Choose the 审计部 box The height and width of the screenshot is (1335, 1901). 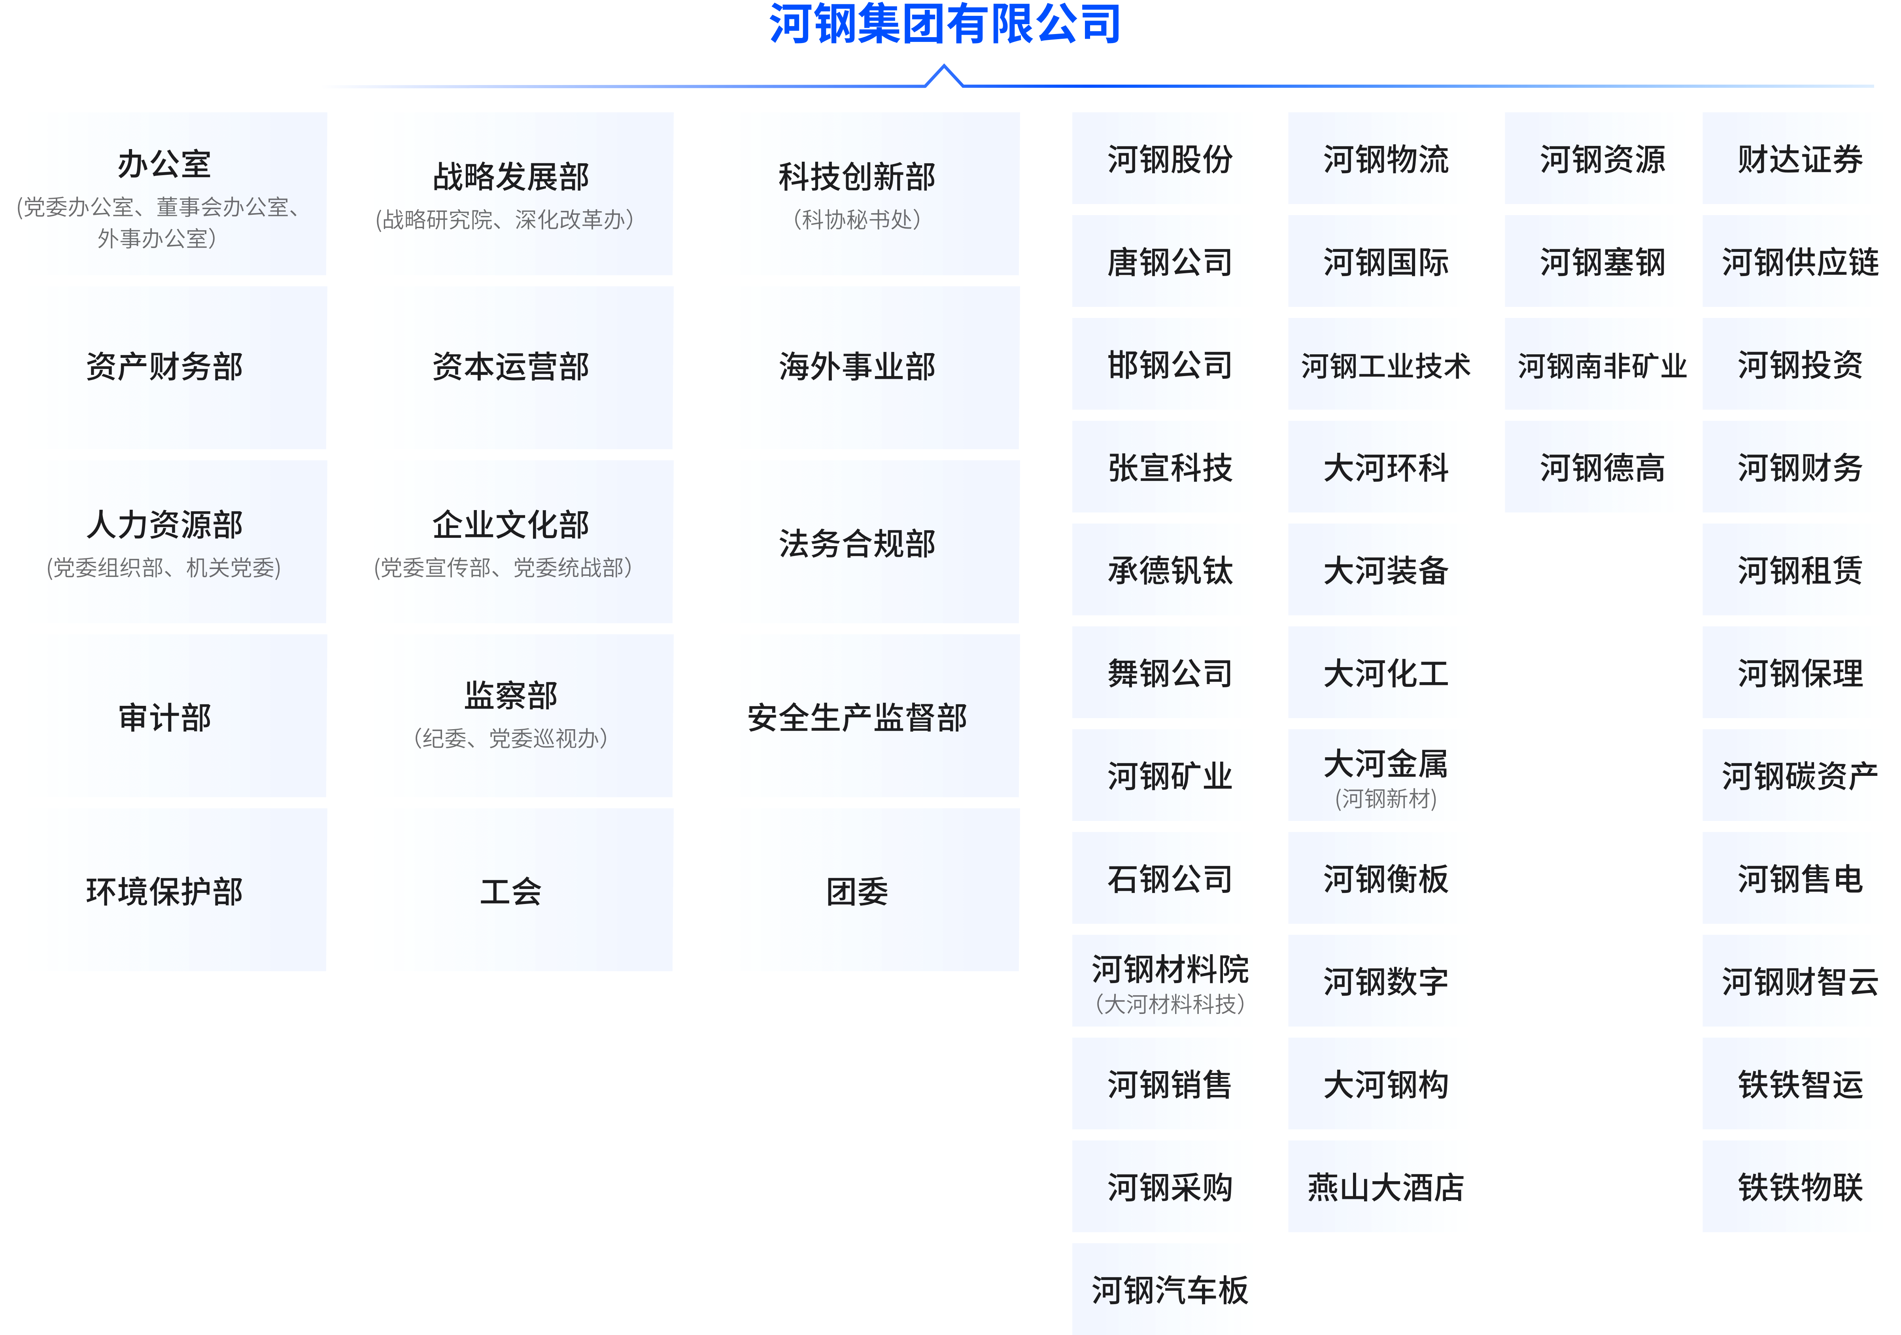point(177,715)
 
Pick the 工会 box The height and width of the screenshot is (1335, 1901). point(523,889)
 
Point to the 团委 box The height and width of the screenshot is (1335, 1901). point(869,889)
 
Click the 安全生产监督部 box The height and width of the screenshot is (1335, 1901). point(869,715)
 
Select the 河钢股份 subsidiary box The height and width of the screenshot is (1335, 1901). point(1162,158)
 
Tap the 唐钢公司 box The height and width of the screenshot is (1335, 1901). point(1162,261)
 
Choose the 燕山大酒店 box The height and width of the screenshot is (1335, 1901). point(1378,1186)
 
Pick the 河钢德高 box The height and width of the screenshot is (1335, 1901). point(1594,466)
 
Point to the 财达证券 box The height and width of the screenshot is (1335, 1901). point(1792,158)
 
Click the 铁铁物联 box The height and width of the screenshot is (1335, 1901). point(1792,1186)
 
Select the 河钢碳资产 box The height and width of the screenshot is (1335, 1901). point(1792,775)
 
